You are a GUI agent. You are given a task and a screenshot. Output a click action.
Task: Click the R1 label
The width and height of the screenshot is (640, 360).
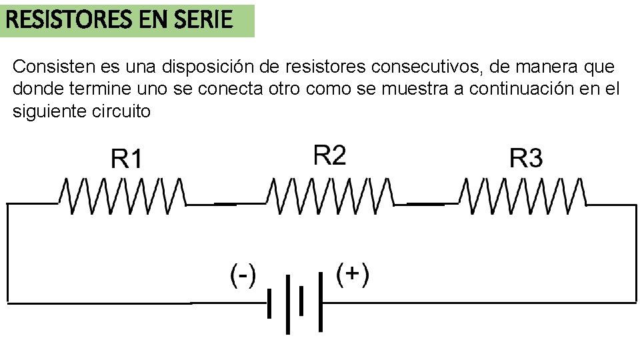pyautogui.click(x=126, y=160)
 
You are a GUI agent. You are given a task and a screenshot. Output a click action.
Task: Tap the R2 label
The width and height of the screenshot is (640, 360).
pyautogui.click(x=329, y=155)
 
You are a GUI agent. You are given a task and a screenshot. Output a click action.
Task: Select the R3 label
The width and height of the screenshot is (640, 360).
pyautogui.click(x=526, y=159)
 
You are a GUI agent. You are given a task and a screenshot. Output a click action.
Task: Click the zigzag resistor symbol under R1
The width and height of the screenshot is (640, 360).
pyautogui.click(x=121, y=195)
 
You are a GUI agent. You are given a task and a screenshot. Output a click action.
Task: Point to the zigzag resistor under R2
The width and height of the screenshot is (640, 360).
pyautogui.click(x=330, y=195)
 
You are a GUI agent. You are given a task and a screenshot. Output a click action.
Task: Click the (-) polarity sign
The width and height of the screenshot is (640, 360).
pyautogui.click(x=243, y=275)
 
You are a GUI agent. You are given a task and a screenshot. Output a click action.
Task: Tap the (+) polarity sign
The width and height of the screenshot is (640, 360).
pyautogui.click(x=352, y=274)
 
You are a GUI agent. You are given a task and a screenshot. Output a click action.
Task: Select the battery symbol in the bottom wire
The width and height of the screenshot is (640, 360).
pyautogui.click(x=295, y=303)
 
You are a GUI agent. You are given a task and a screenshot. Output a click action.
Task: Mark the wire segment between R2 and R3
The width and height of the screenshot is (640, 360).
pyautogui.click(x=425, y=203)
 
